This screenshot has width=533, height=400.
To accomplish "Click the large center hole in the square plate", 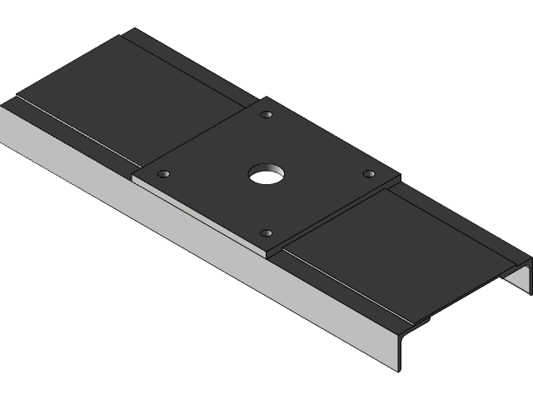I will tap(266, 174).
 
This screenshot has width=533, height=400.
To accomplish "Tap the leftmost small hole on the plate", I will tap(164, 173).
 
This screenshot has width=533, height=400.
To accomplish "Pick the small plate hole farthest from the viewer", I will tap(266, 114).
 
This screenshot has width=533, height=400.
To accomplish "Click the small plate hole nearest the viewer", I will tap(266, 233).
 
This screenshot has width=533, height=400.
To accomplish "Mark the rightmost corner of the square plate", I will tap(401, 176).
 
